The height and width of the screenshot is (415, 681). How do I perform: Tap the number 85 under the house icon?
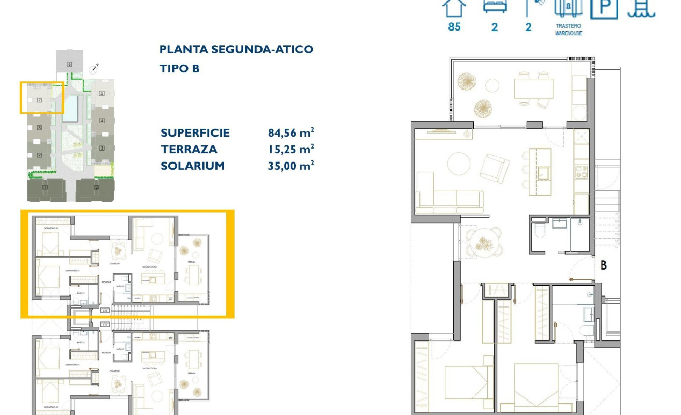point(454,27)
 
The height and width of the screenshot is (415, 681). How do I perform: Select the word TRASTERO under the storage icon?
point(568,26)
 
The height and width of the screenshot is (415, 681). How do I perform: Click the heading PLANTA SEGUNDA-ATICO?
point(236,49)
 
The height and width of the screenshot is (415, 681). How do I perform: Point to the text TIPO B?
point(179,68)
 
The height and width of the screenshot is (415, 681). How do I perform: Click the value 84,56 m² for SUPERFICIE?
point(291,133)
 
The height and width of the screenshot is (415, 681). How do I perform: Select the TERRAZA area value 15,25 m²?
point(291,150)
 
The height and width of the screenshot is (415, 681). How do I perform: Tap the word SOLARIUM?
point(192,166)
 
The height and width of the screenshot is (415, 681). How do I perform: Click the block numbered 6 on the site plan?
point(69,64)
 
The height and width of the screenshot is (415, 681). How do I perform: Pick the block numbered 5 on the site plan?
point(102,94)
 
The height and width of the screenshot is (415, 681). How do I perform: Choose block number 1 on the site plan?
point(46,187)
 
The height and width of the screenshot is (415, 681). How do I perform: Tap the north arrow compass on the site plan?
point(94,69)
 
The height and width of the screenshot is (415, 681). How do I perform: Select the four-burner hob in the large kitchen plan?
point(581,172)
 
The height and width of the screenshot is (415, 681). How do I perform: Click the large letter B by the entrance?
point(603,265)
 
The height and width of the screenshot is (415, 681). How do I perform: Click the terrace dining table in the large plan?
point(533,88)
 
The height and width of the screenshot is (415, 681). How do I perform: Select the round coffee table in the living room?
point(461,164)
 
